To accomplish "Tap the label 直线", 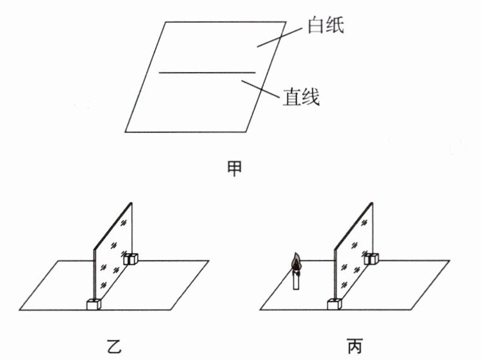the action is [301, 96].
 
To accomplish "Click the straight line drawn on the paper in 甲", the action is [208, 72].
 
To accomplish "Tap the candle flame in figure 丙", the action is [296, 264].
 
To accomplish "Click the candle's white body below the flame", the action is [296, 282].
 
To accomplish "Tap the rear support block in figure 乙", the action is [130, 259].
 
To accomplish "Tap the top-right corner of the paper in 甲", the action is [285, 22].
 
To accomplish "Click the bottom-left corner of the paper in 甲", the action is [125, 132].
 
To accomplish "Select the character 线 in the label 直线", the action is [311, 96].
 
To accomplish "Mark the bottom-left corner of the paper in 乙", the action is [20, 309].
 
